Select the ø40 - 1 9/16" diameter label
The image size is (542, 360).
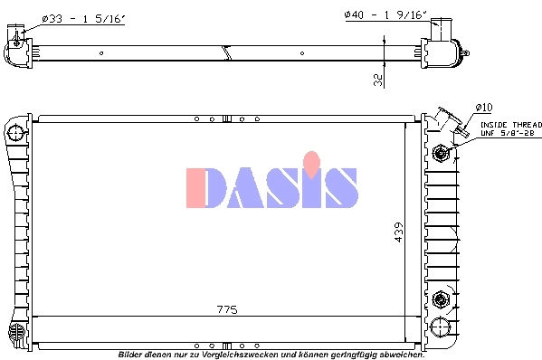coord(384,15)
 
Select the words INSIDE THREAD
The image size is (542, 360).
coord(509,125)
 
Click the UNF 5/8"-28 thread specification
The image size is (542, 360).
coord(508,134)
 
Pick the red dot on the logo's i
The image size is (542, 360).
coord(312,163)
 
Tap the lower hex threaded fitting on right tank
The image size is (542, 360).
coord(442,298)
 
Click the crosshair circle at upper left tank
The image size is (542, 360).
coord(15,133)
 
